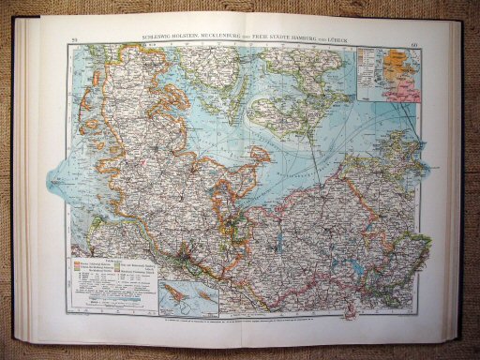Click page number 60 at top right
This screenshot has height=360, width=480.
(x=415, y=38)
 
